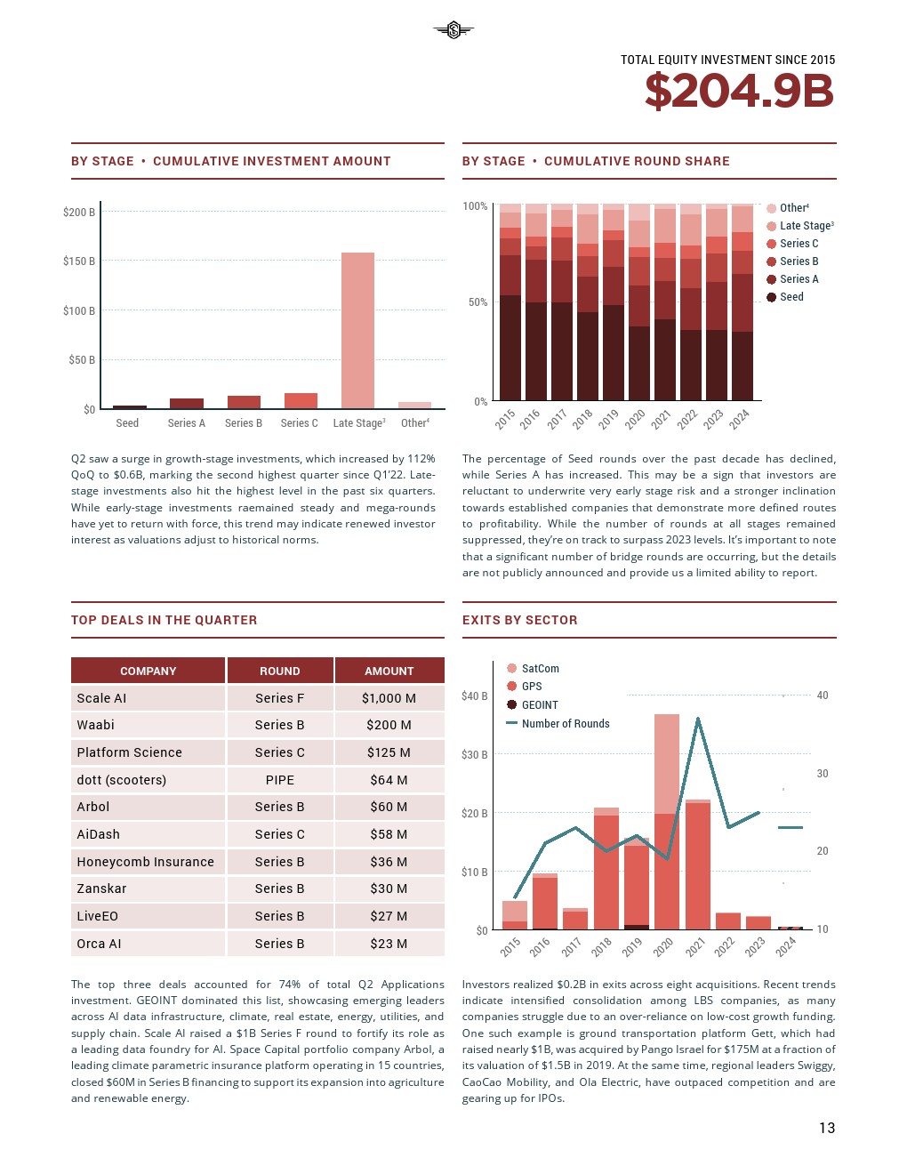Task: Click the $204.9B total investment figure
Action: (739, 92)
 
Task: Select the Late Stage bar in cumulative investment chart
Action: (357, 330)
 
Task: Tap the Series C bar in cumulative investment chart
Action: (301, 400)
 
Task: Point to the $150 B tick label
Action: (79, 261)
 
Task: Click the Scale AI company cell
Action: (148, 698)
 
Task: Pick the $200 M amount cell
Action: (389, 725)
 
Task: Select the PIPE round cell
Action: (279, 780)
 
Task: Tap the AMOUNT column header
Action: (389, 671)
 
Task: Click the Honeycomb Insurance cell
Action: (148, 862)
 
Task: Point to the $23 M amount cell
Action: (389, 944)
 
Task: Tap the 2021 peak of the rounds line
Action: (698, 719)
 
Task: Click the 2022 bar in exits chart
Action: (727, 921)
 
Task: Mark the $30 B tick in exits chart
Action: (474, 755)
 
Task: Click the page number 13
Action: (827, 1128)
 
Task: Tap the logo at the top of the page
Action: (453, 31)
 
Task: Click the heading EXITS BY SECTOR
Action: (519, 620)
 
